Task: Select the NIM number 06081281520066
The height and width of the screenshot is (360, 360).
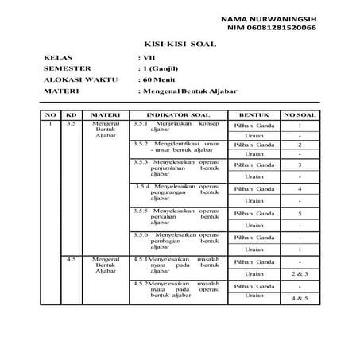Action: (x=271, y=27)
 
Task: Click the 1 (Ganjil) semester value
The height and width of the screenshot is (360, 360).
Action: (x=164, y=69)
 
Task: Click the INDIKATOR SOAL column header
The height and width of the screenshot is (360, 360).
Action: (x=174, y=115)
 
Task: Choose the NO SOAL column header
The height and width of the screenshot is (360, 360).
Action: (x=300, y=115)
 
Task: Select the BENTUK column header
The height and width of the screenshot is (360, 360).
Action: (x=254, y=115)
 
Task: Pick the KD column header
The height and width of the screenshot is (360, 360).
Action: (x=72, y=115)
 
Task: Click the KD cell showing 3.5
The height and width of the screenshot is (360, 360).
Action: (x=72, y=125)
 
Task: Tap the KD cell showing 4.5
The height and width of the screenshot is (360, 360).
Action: (x=72, y=259)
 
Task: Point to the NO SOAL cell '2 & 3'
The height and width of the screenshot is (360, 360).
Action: (x=300, y=273)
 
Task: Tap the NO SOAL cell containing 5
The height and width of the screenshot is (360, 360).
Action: (x=300, y=213)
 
